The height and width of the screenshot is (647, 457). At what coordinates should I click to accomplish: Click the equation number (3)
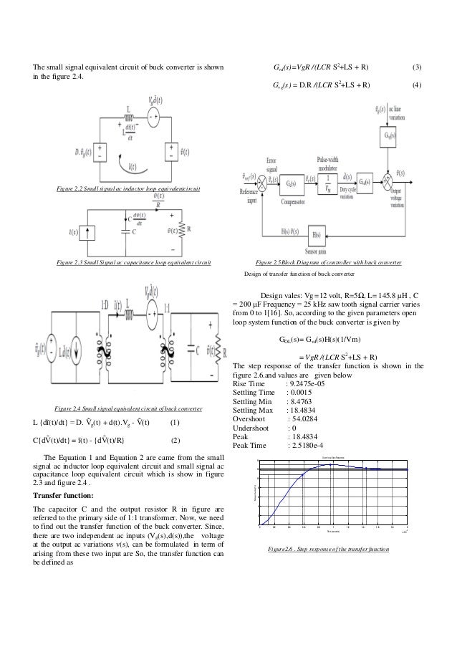pyautogui.click(x=418, y=68)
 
